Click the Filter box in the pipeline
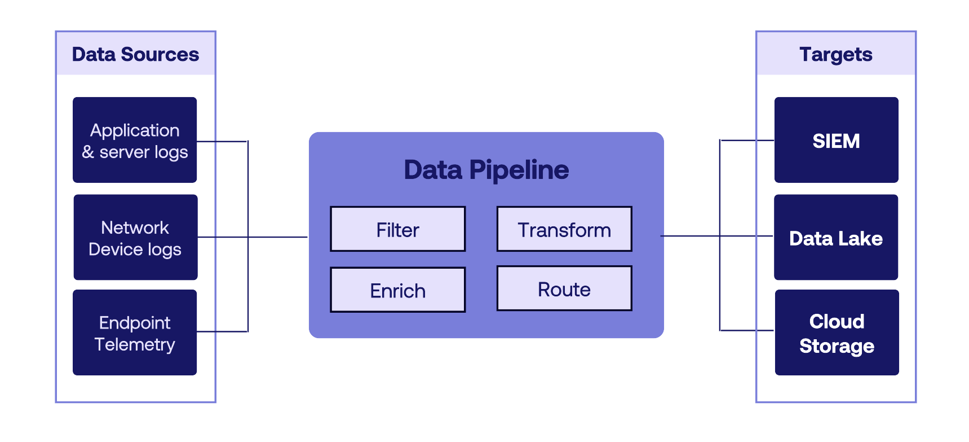(x=397, y=229)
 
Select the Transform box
(x=564, y=229)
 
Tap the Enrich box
(x=397, y=290)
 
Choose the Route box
(x=564, y=288)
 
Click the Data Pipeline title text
(x=486, y=169)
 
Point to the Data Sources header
(x=135, y=54)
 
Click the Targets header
(x=835, y=54)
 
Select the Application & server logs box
(x=135, y=140)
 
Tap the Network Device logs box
(x=135, y=238)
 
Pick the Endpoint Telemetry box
(x=135, y=332)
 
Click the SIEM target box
(x=836, y=140)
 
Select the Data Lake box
(x=835, y=238)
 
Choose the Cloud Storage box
(x=837, y=332)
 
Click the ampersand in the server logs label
(x=88, y=152)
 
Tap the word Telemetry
(x=135, y=344)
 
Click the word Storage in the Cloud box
(x=837, y=345)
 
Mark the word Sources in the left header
(x=160, y=54)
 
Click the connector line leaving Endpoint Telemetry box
(x=222, y=331)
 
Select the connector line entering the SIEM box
(x=747, y=140)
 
